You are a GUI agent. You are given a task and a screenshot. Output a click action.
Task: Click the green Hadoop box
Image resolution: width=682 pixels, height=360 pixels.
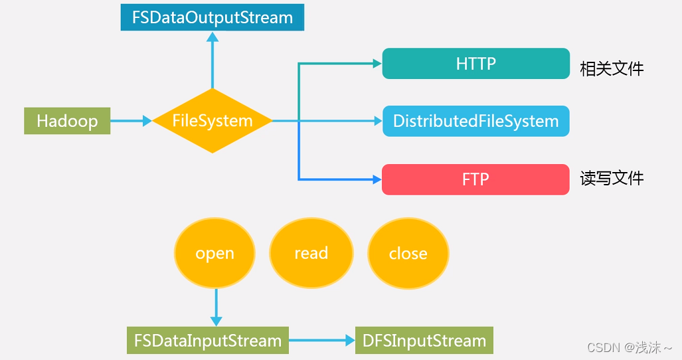pos(67,121)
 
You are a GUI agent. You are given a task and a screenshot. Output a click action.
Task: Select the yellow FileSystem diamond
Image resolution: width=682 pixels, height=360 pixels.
pos(213,121)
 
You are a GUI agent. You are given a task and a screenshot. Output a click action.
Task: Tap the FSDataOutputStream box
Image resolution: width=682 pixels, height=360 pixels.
pos(213,17)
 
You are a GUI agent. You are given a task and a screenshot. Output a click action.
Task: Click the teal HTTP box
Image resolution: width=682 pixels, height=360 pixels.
pos(475,64)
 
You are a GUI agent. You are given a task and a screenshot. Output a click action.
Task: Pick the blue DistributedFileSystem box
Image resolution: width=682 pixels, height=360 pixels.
pos(475,121)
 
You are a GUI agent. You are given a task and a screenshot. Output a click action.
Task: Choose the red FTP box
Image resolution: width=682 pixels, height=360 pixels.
pos(475,179)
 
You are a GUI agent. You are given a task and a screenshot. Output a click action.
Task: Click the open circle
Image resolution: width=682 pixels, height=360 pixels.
pos(214,253)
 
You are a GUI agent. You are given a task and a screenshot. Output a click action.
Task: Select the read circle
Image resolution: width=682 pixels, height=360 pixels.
pos(311,253)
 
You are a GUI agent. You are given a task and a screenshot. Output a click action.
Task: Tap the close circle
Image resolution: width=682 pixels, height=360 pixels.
pos(408,253)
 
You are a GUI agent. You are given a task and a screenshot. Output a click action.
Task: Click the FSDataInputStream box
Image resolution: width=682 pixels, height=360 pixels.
pos(208,341)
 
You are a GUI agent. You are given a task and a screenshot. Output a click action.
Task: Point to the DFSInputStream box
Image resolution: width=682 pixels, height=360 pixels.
pos(424,341)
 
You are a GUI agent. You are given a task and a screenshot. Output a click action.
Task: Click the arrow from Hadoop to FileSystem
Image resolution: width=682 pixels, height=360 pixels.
pos(131,121)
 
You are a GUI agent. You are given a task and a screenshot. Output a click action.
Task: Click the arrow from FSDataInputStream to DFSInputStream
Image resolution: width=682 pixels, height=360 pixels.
pos(322,341)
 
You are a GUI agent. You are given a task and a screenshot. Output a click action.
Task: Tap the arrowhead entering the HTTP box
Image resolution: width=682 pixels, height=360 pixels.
pos(377,64)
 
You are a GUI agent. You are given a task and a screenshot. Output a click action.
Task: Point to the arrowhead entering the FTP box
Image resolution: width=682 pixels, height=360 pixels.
pos(377,179)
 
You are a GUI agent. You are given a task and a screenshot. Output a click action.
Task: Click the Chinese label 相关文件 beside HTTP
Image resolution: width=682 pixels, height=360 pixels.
pos(612,68)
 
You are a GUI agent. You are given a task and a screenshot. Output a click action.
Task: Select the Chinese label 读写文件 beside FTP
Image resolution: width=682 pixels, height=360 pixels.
pos(612,178)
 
